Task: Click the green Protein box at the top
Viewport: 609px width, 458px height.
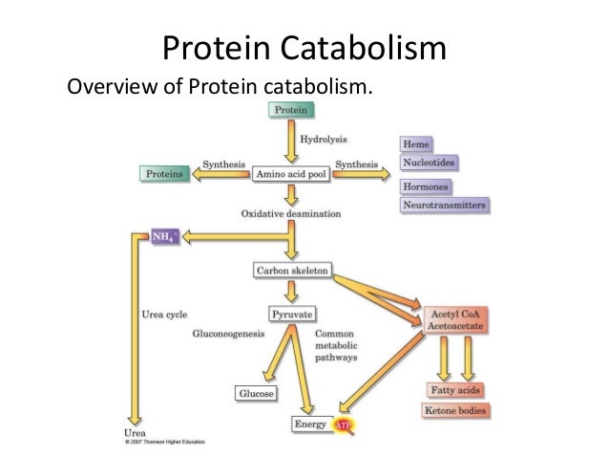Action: click(x=290, y=110)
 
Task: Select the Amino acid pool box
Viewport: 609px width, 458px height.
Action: click(x=290, y=174)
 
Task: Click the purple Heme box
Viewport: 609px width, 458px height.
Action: click(x=415, y=144)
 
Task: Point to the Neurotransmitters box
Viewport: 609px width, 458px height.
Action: click(x=444, y=206)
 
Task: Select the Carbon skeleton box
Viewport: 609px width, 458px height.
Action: click(x=291, y=272)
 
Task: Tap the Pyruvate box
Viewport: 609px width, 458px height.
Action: click(x=291, y=313)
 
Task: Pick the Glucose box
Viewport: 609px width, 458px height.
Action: click(x=257, y=393)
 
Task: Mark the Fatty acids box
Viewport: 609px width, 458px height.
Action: click(x=454, y=390)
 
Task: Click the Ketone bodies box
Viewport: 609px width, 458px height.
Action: click(x=455, y=411)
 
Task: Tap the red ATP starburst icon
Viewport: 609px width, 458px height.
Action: click(x=343, y=424)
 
